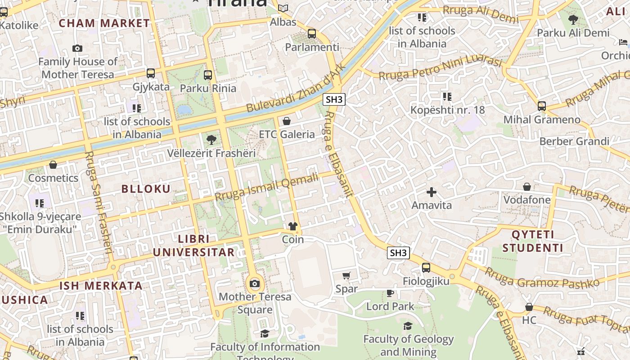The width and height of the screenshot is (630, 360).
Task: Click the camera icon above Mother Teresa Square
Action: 255,283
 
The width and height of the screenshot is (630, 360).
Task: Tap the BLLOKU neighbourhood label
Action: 146,189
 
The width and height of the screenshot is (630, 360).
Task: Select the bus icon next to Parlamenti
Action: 311,34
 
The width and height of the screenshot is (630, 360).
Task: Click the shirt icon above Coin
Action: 293,226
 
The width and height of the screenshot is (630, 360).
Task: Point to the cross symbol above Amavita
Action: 431,192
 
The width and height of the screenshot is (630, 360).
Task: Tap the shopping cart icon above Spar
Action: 346,275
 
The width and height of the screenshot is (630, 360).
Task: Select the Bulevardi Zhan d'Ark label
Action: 296,88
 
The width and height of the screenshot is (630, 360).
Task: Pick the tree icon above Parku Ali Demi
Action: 573,20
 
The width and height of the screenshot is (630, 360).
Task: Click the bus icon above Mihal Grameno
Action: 542,106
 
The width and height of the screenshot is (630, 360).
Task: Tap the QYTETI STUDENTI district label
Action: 533,241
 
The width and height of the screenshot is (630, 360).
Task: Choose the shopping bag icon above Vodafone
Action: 526,186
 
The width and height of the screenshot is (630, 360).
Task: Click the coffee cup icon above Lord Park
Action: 390,293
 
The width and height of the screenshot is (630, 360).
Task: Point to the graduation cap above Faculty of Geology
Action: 408,325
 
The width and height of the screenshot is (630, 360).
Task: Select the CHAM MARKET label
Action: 104,23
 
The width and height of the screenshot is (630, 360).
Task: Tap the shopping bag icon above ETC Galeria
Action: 286,121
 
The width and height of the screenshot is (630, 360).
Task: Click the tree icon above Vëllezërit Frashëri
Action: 211,140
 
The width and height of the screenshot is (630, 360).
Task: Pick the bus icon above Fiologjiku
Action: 426,268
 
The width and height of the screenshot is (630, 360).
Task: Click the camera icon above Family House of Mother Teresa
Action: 77,48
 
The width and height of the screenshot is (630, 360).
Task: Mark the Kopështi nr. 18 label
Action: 447,110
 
